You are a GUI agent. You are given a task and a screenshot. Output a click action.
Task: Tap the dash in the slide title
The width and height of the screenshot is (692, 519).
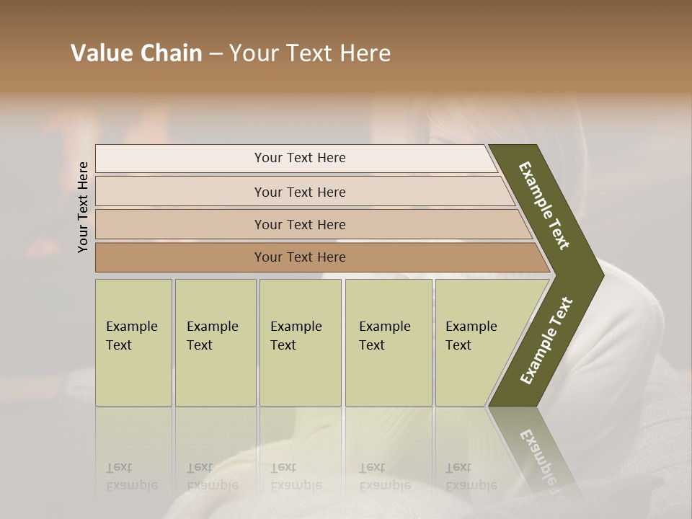click(216, 54)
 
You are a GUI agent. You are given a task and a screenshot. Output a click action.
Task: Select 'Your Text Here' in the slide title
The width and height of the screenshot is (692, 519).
click(310, 53)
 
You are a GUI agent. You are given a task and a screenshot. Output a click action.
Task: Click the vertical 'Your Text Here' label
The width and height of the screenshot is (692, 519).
click(83, 207)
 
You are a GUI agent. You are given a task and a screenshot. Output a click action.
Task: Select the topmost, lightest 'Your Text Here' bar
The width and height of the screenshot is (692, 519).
click(299, 158)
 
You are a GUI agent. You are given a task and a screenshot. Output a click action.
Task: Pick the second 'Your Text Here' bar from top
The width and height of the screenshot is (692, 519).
click(299, 192)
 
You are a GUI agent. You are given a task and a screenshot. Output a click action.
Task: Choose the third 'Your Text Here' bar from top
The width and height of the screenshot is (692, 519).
click(299, 224)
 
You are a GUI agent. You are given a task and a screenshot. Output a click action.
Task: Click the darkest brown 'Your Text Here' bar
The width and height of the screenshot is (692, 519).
click(299, 257)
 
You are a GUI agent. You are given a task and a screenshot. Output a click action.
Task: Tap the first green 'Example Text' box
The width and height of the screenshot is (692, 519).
click(133, 336)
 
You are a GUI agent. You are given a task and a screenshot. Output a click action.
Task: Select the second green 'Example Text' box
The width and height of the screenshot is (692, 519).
click(215, 336)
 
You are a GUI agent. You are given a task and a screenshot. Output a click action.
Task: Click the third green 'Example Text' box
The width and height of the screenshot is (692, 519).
click(299, 336)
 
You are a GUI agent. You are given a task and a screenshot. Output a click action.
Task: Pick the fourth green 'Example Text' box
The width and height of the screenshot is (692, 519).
click(388, 336)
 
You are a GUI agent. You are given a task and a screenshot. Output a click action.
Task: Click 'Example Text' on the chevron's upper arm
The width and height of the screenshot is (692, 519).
click(544, 205)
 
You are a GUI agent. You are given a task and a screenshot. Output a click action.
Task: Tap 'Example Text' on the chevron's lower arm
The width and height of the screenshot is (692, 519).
click(546, 341)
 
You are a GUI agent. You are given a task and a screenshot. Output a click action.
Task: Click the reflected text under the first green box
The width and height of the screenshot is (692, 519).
click(131, 476)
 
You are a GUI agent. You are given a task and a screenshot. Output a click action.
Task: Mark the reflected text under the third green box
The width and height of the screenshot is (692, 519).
click(296, 476)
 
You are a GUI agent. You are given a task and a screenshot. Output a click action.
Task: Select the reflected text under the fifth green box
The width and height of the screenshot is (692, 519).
click(471, 476)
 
